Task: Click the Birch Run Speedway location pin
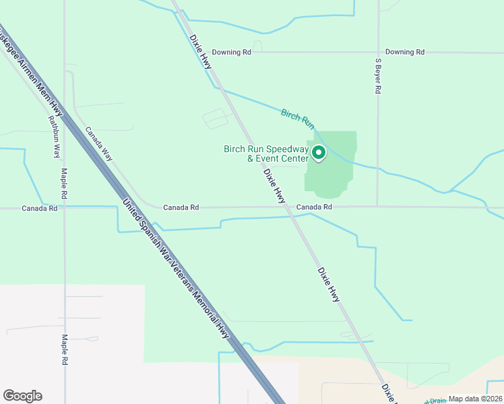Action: (x=318, y=154)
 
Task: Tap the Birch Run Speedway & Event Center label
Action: (x=266, y=154)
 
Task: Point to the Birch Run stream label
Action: (x=298, y=118)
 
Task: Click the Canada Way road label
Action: (x=98, y=143)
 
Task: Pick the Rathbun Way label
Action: (x=53, y=135)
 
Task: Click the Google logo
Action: (x=22, y=396)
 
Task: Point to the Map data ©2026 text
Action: (x=475, y=399)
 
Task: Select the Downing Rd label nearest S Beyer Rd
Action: (x=405, y=52)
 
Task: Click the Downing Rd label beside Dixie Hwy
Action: (x=231, y=52)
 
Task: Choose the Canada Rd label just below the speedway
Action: (x=315, y=207)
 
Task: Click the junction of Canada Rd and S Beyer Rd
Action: (x=377, y=207)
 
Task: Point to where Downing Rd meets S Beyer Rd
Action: (x=378, y=52)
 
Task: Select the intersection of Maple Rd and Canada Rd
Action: (x=65, y=208)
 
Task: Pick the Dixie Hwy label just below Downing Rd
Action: (x=201, y=51)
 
